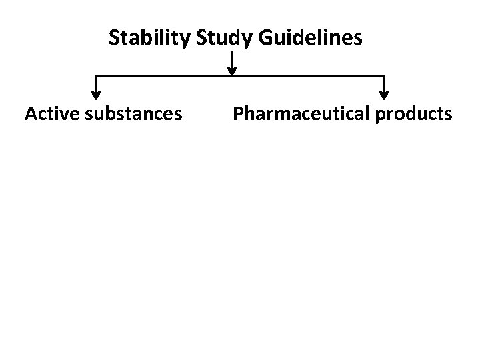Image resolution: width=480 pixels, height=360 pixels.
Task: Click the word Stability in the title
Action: pos(150,37)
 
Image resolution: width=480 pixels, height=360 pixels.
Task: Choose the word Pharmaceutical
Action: pos(301,114)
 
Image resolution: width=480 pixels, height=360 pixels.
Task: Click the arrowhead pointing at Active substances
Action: pos(96,95)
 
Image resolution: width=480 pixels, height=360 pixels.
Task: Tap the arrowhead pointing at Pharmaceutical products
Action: pos(384,95)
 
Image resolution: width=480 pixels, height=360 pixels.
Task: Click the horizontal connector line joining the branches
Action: pos(167,75)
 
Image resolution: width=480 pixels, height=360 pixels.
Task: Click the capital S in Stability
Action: pos(115,37)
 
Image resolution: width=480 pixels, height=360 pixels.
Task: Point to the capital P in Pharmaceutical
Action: pos(239,114)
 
